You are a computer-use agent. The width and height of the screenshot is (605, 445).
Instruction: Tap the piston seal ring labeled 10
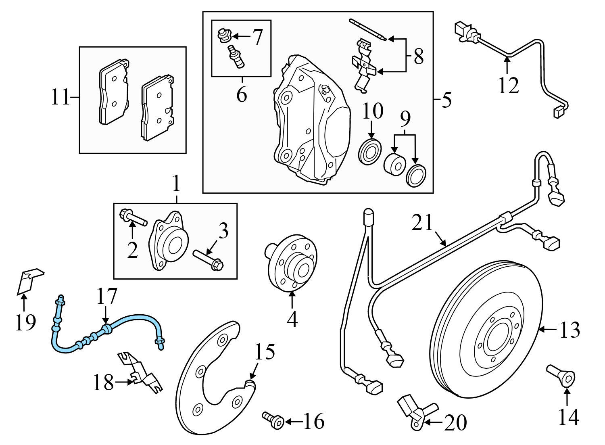click(370, 153)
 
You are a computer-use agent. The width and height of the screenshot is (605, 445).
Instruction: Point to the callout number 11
click(60, 98)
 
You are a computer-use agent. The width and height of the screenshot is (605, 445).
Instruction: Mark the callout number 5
click(446, 100)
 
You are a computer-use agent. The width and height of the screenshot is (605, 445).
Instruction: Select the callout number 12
click(508, 85)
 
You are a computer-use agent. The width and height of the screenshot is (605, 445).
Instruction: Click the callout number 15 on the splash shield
click(265, 352)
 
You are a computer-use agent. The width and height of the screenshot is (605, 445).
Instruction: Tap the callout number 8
click(419, 57)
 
